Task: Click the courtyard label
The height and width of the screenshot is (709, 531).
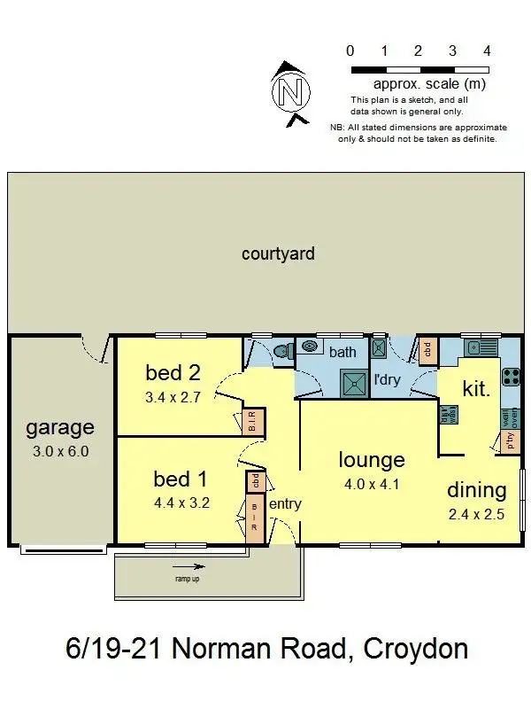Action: [x=278, y=254]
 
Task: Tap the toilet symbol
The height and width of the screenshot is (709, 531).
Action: [x=282, y=352]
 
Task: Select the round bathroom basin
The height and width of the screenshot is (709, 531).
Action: [x=311, y=346]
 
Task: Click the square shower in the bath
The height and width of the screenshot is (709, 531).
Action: [x=354, y=380]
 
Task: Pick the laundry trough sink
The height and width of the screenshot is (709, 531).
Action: [x=379, y=347]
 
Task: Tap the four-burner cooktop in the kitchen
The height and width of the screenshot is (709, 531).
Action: [x=512, y=378]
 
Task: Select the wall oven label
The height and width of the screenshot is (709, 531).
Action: [x=511, y=417]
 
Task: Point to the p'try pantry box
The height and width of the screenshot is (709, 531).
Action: [x=511, y=441]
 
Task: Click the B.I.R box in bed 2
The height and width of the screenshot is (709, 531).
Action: [x=250, y=421]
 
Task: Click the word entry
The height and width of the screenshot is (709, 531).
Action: [x=285, y=504]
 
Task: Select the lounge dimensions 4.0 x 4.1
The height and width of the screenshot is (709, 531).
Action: [x=371, y=486]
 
